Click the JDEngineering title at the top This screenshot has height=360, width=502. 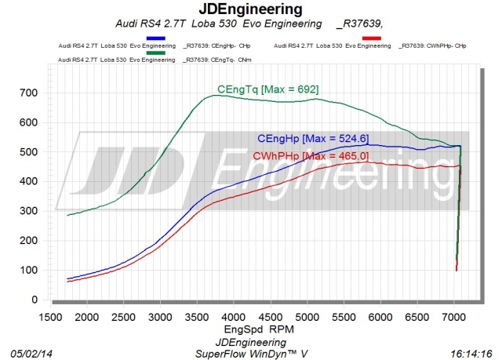[x=251, y=9]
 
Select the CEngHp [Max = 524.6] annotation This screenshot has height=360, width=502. [x=313, y=139]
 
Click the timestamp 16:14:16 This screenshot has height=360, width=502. [x=471, y=352]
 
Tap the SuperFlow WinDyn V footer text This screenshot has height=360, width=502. [x=251, y=352]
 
